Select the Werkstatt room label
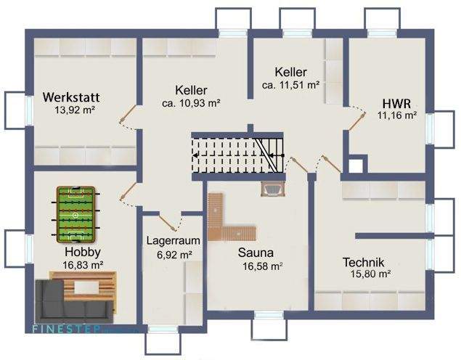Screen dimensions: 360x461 [70, 97]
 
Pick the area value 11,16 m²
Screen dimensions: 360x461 [396, 115]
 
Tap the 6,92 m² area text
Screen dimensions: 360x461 [174, 255]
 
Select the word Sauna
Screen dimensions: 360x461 [255, 253]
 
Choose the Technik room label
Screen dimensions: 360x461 [363, 262]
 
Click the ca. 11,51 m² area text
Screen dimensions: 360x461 [290, 85]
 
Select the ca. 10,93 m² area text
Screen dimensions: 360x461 [191, 103]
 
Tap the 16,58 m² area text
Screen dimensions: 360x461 [262, 266]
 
